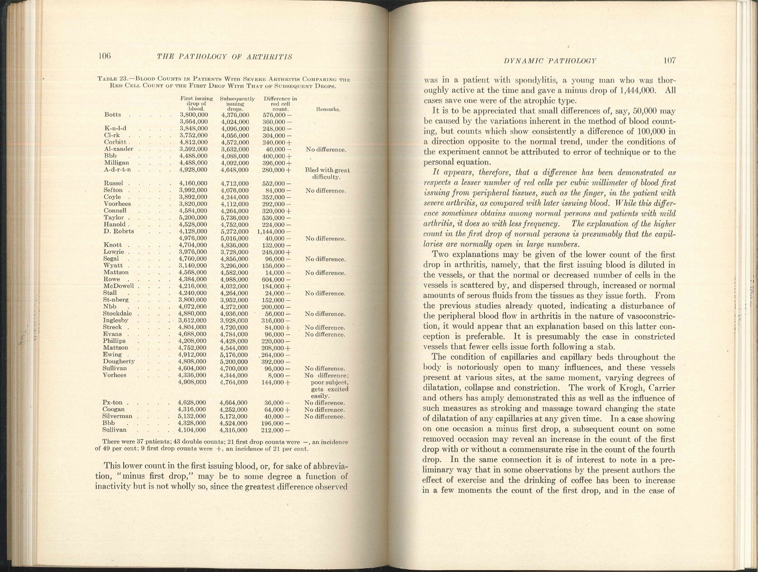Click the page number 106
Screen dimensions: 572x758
(104, 56)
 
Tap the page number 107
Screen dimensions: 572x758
(669, 60)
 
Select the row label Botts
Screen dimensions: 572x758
(112, 115)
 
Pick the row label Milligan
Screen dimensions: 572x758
(116, 163)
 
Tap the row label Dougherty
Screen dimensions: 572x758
(118, 361)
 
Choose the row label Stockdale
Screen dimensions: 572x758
(118, 314)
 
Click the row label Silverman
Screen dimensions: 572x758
(117, 416)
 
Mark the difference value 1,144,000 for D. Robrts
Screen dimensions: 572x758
(273, 231)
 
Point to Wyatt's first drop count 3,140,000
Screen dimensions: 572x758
(192, 266)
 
